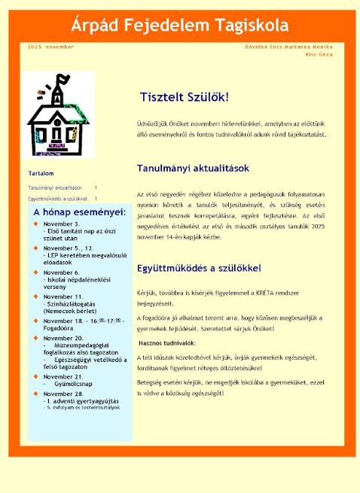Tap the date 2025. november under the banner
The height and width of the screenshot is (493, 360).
(x=50, y=47)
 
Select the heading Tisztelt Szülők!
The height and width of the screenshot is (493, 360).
(x=184, y=97)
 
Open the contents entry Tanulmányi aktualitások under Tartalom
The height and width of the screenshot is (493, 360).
(x=55, y=187)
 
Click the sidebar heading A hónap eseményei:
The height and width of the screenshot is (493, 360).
(x=79, y=212)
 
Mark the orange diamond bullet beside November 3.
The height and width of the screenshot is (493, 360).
(x=35, y=224)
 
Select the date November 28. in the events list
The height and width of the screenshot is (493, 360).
(x=63, y=394)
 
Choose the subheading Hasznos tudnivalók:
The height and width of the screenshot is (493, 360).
(x=167, y=342)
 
